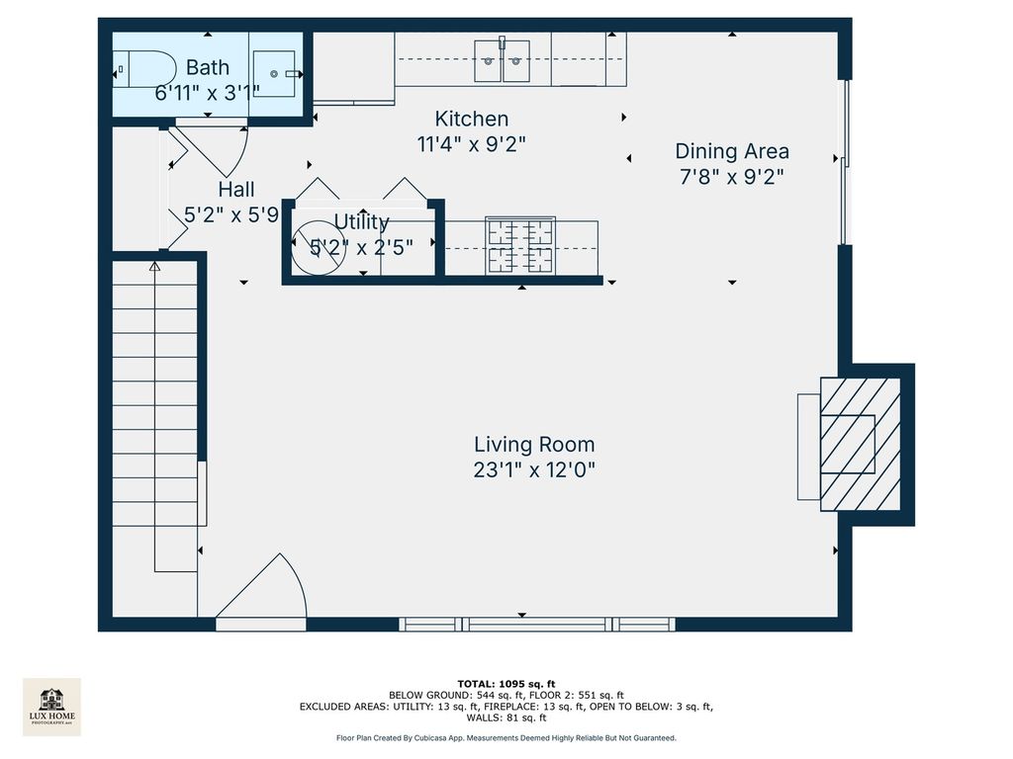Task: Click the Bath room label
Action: [208, 67]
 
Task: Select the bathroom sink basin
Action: [275, 73]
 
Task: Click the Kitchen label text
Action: [472, 119]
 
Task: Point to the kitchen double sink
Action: [502, 61]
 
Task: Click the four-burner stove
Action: [520, 245]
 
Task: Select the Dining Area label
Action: [732, 151]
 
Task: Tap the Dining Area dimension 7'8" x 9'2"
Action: [732, 177]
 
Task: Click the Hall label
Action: [236, 190]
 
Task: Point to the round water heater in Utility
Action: [318, 248]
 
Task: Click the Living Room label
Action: [534, 445]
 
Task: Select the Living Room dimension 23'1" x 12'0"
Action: [534, 469]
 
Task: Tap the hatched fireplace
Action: [860, 445]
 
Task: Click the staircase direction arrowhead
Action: [154, 266]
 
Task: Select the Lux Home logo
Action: [51, 707]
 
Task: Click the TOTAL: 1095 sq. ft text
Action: [506, 684]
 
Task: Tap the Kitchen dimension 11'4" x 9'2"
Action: [472, 144]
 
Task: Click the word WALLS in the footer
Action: [483, 717]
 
